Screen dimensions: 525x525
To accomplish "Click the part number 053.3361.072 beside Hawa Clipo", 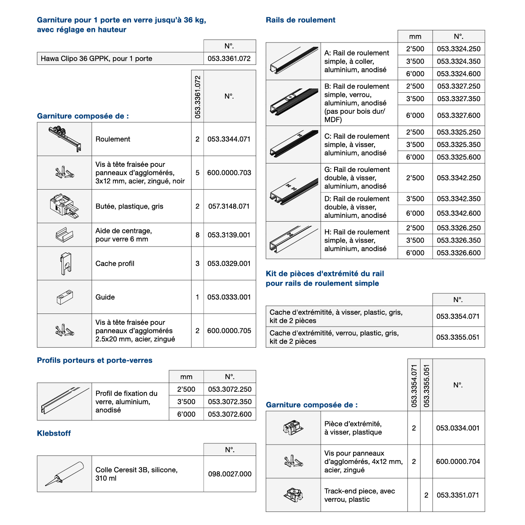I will click(229, 59).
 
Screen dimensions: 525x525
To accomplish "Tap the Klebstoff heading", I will click(54, 433).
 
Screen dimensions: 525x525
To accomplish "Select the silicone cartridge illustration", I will click(64, 474).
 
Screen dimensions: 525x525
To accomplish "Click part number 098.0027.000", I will click(230, 474).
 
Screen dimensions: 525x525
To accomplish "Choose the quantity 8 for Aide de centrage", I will click(197, 235).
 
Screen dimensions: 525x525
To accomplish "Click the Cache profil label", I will click(115, 263).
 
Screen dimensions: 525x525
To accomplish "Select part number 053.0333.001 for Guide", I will click(229, 297).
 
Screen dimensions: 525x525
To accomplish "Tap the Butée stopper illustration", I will click(64, 206).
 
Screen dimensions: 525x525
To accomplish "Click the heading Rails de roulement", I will click(300, 20).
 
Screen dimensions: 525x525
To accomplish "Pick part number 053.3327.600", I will click(458, 115).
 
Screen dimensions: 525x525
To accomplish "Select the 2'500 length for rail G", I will click(415, 178).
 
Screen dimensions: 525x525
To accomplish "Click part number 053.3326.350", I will click(458, 240).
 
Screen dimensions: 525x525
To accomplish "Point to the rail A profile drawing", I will click(293, 61).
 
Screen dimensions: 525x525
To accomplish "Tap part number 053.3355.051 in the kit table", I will click(458, 337).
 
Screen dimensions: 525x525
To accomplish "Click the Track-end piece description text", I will click(359, 495).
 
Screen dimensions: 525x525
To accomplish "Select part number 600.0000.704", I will click(458, 461).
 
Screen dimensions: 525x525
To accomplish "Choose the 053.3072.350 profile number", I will click(230, 402).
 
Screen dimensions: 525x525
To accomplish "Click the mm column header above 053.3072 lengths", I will click(186, 377).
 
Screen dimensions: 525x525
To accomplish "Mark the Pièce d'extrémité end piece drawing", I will click(293, 428).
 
